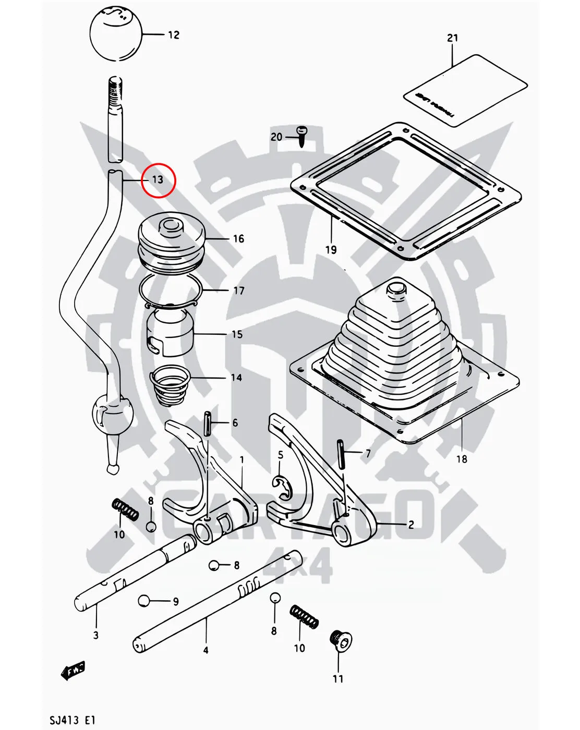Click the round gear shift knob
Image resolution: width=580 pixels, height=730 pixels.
[x=116, y=33]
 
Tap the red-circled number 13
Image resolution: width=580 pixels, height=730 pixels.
[x=158, y=180]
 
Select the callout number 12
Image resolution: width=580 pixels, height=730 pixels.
[x=174, y=35]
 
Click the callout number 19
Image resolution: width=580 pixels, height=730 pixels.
[x=331, y=250]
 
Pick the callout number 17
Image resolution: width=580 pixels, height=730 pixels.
[x=239, y=290]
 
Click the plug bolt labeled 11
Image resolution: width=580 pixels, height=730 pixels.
[x=341, y=641]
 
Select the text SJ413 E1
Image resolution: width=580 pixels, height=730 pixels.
[x=72, y=721]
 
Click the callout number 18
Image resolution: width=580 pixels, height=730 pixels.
[x=462, y=459]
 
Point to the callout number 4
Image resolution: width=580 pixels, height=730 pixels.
[x=206, y=650]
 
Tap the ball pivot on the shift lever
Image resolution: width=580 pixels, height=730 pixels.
[x=112, y=412]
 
